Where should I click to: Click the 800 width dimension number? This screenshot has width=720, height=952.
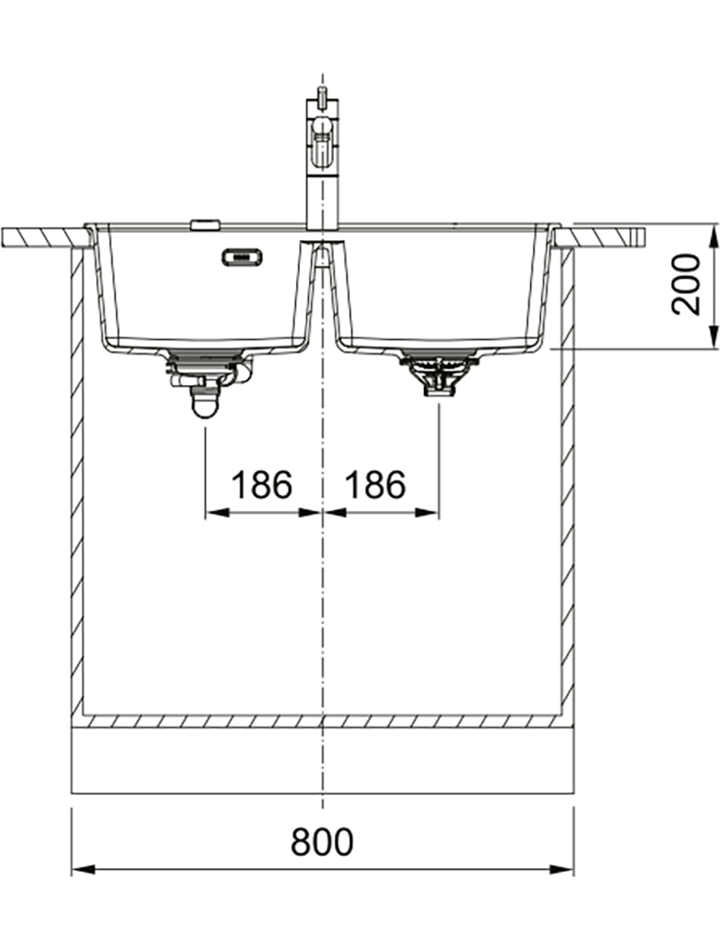(x=322, y=841)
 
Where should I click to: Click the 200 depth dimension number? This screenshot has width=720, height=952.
(x=686, y=284)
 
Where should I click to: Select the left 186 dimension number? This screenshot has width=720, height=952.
(x=262, y=484)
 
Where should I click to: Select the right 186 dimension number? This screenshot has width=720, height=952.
(x=375, y=484)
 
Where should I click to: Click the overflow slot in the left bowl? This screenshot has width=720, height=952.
(x=242, y=257)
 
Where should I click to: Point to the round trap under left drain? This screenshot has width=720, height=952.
(x=204, y=403)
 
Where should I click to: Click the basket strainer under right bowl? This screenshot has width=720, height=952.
(x=439, y=373)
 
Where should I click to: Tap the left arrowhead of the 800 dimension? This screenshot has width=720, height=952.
(x=83, y=869)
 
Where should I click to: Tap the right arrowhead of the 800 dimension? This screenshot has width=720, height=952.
(x=562, y=869)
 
